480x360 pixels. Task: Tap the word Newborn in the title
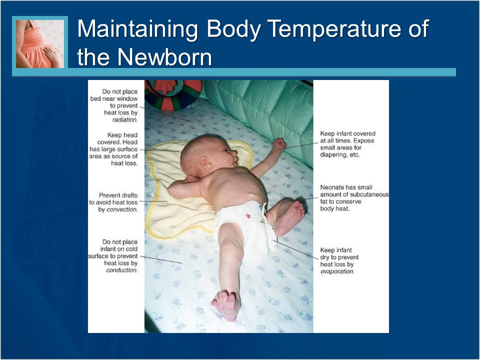pyautogui.click(x=164, y=56)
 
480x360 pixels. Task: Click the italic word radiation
pyautogui.click(x=125, y=120)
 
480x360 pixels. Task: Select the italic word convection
pyautogui.click(x=122, y=209)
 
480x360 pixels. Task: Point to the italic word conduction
pyautogui.click(x=122, y=270)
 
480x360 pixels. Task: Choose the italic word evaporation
pyautogui.click(x=337, y=271)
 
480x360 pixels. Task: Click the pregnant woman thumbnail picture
pyautogui.click(x=40, y=44)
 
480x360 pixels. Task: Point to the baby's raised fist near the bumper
pyautogui.click(x=280, y=144)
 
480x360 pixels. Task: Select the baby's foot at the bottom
pyautogui.click(x=226, y=305)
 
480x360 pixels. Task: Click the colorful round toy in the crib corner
pyautogui.click(x=173, y=94)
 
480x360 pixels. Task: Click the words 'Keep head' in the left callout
pyautogui.click(x=122, y=135)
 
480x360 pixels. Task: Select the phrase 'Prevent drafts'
pyautogui.click(x=118, y=195)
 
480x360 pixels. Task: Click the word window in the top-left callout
pyautogui.click(x=127, y=99)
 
